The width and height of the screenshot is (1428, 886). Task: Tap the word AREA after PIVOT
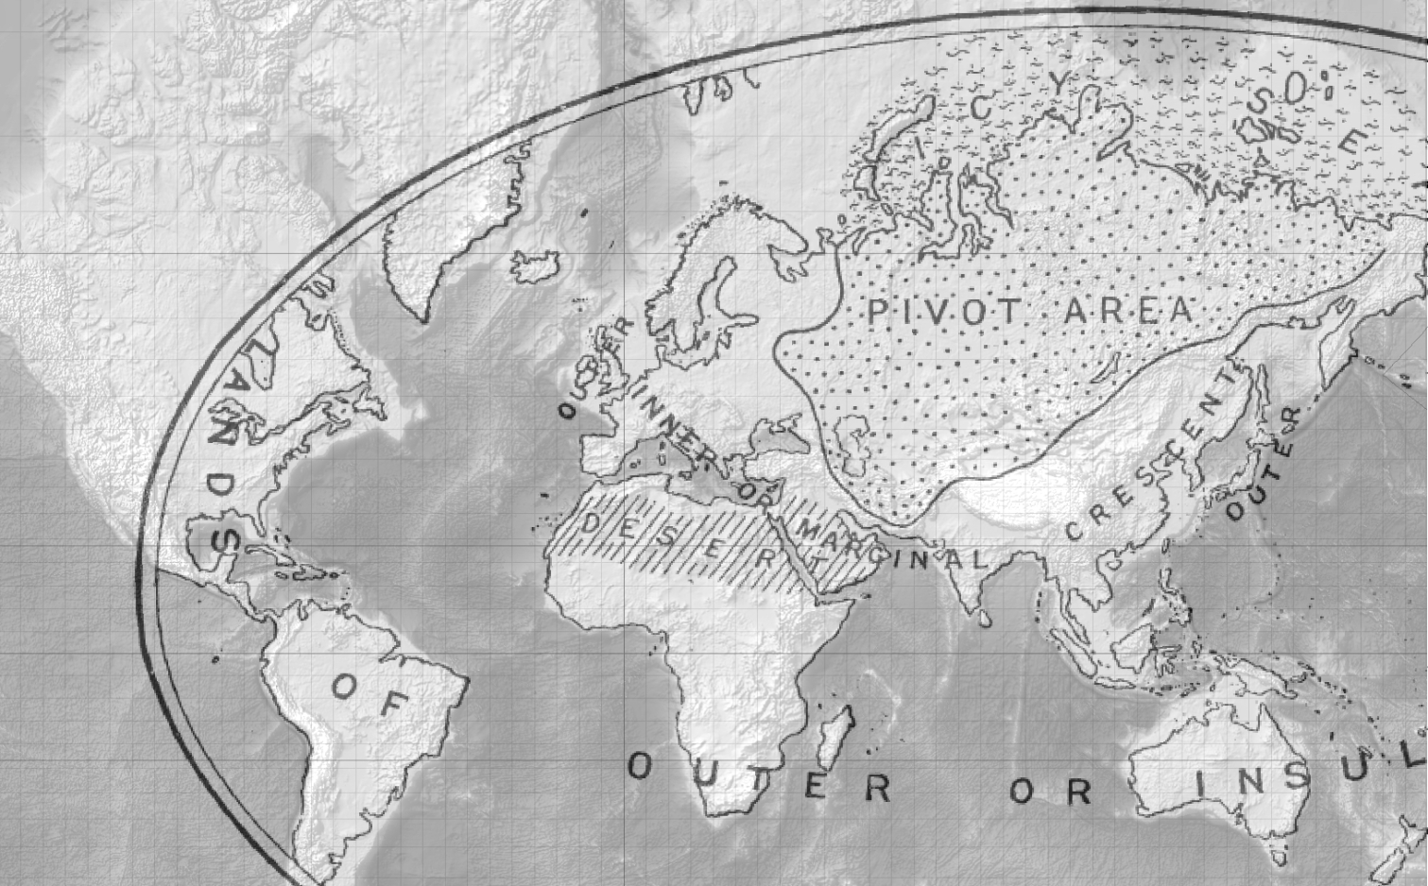pyautogui.click(x=1128, y=311)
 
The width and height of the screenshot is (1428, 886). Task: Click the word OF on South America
pyautogui.click(x=371, y=695)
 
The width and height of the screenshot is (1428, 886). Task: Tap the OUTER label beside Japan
pyautogui.click(x=1265, y=465)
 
